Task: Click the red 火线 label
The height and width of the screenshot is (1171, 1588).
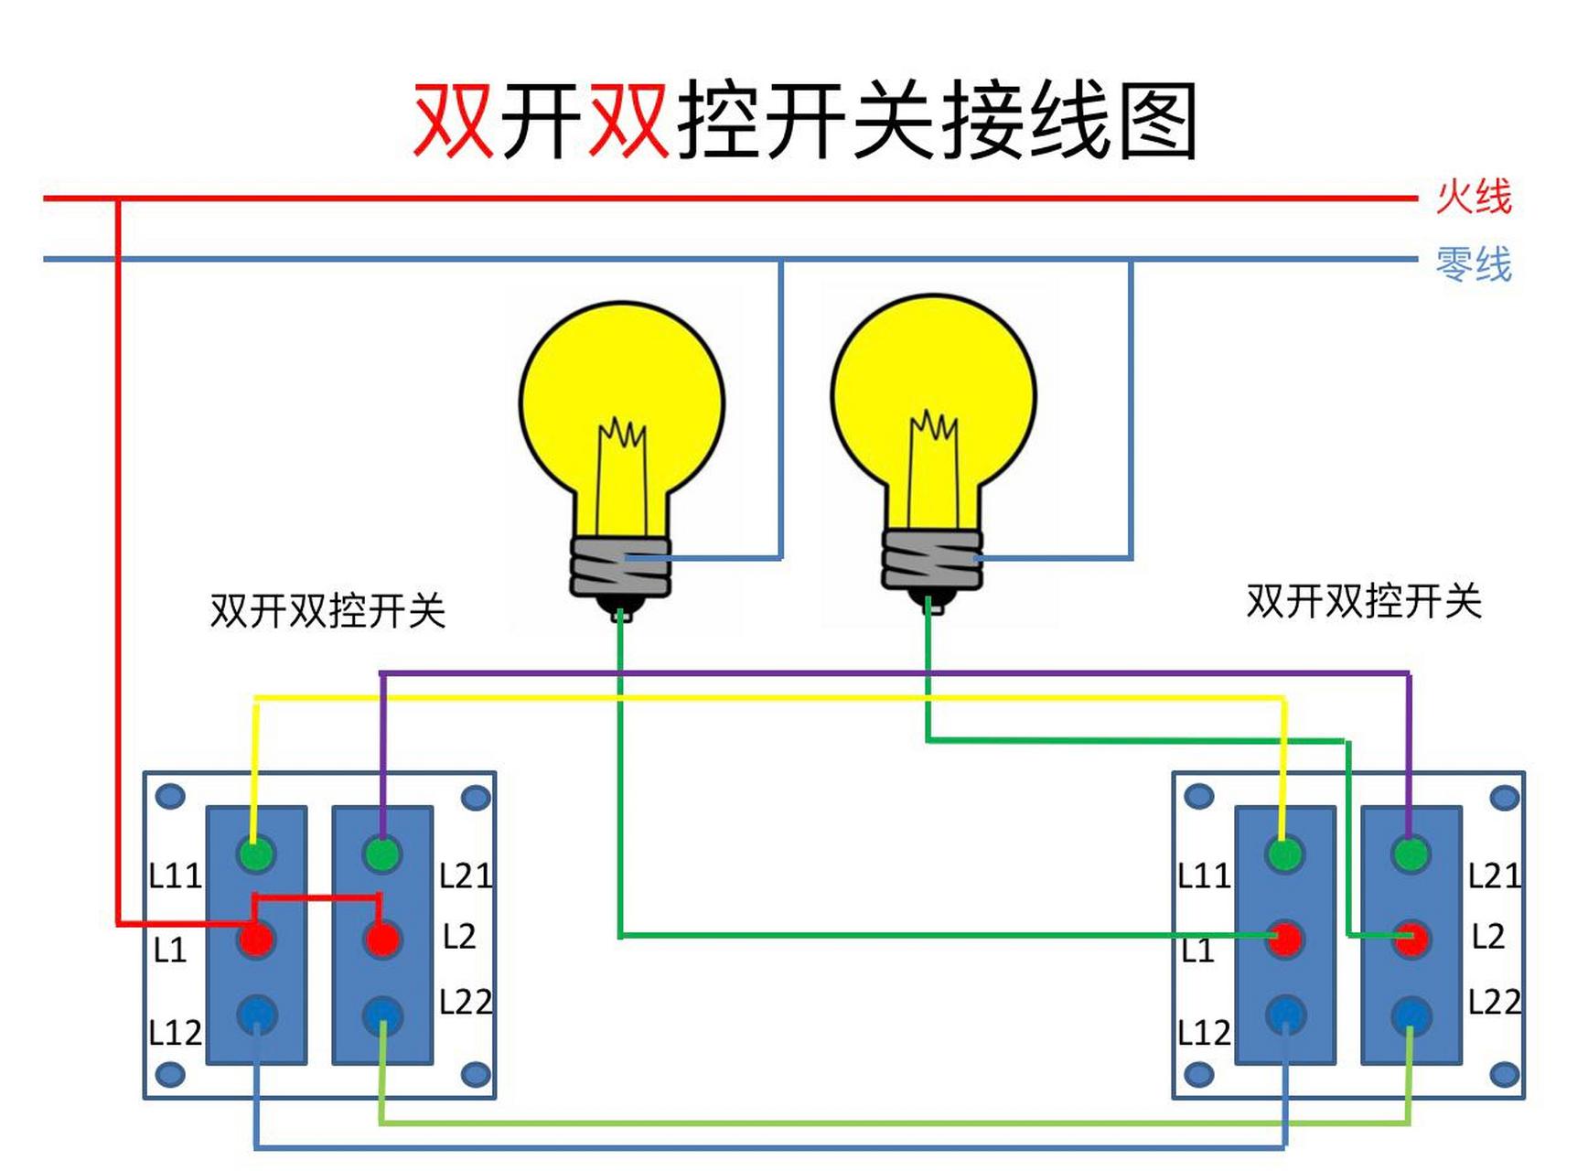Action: click(1473, 197)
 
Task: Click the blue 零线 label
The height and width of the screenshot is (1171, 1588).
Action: click(1473, 264)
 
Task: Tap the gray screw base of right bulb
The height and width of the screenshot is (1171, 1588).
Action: click(931, 558)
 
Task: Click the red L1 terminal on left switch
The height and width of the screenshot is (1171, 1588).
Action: click(256, 939)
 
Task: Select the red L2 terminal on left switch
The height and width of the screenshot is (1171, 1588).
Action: click(382, 939)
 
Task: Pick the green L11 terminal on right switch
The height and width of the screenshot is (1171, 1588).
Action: click(1284, 854)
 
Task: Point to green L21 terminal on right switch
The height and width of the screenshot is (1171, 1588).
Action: click(1411, 854)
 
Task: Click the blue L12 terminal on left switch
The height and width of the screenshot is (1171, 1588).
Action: click(256, 1014)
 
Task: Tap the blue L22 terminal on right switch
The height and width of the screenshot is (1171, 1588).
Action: click(1411, 1014)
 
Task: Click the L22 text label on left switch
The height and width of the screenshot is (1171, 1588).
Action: click(466, 1002)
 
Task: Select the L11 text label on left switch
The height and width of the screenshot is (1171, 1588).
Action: click(175, 876)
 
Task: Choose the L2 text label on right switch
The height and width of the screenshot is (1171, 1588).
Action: click(1488, 936)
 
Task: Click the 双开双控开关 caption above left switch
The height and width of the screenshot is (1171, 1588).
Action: click(327, 610)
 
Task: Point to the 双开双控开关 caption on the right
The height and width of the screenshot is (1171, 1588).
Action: click(1363, 601)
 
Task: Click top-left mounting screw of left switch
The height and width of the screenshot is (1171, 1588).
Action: click(170, 796)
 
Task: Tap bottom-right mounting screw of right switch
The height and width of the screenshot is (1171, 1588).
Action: click(1504, 1074)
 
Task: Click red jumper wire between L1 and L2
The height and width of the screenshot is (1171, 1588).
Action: click(317, 897)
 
